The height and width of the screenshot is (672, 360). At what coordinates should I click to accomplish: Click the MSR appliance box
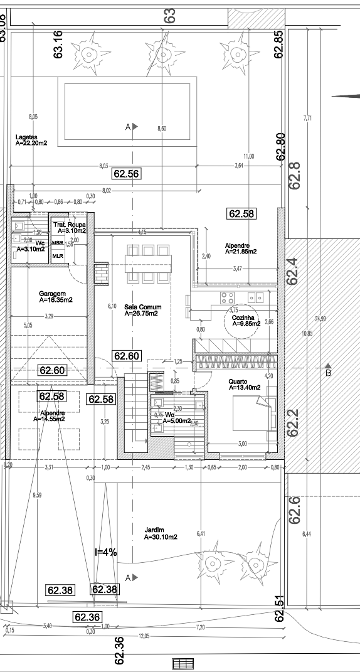pyautogui.click(x=58, y=243)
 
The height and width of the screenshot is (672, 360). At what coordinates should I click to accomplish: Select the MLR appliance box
pyautogui.click(x=58, y=255)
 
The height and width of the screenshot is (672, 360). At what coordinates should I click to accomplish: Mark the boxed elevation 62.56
pyautogui.click(x=125, y=174)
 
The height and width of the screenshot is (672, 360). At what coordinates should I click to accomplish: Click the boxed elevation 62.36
pyautogui.click(x=87, y=617)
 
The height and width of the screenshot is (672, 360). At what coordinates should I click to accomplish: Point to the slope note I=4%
pyautogui.click(x=105, y=552)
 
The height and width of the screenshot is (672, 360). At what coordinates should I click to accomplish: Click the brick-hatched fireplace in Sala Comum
pyautogui.click(x=100, y=271)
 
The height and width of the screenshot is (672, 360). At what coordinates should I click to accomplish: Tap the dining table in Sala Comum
pyautogui.click(x=147, y=264)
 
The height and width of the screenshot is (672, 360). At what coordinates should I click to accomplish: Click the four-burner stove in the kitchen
pyautogui.click(x=226, y=297)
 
